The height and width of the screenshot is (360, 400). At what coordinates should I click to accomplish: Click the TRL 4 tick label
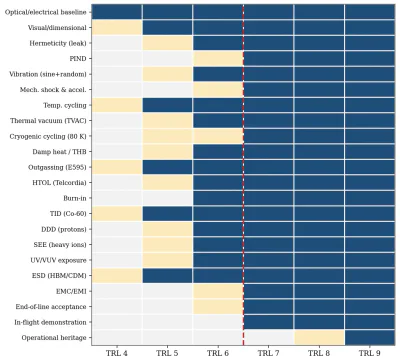(117, 353)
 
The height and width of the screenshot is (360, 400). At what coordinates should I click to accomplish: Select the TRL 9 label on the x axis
(370, 353)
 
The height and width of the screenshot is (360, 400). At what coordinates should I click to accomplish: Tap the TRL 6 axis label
(218, 353)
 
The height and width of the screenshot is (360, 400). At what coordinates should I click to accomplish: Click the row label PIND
(78, 59)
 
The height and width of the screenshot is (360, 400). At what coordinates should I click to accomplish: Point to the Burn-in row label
(75, 198)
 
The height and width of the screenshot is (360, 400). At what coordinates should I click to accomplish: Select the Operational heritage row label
(54, 338)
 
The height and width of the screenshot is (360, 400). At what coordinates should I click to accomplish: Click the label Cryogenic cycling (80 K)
(48, 136)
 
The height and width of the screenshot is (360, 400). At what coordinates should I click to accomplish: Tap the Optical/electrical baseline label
(46, 12)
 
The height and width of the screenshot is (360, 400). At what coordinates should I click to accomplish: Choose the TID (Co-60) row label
(68, 214)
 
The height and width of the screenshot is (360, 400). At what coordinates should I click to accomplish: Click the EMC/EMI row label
(71, 291)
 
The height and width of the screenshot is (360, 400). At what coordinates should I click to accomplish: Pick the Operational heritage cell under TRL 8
(319, 338)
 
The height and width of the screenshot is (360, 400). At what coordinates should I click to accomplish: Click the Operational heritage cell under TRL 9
(370, 338)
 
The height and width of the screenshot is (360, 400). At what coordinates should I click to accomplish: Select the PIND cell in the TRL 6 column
(218, 59)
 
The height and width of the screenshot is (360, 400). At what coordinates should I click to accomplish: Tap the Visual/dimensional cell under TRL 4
(117, 28)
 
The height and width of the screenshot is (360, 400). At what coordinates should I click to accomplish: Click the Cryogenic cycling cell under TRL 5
(167, 136)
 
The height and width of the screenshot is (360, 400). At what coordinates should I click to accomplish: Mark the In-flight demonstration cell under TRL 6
(218, 322)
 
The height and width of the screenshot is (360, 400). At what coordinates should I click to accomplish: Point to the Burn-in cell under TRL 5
(167, 198)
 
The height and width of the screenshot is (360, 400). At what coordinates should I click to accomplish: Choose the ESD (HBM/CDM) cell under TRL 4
(117, 276)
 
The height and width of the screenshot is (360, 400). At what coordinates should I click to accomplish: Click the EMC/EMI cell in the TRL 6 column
(218, 291)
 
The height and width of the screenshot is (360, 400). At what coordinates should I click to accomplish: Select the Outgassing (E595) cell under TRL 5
(167, 167)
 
